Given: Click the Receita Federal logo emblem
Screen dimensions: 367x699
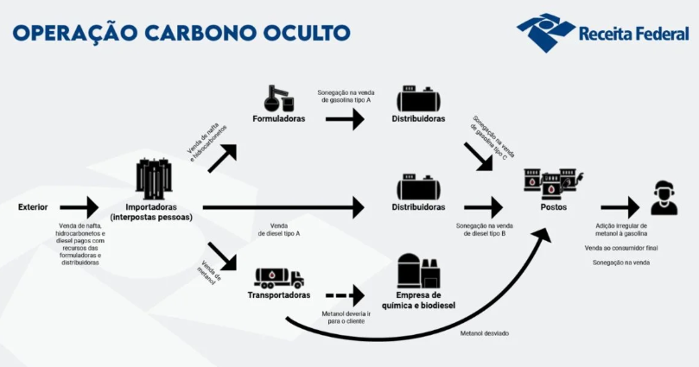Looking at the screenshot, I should click(546, 32).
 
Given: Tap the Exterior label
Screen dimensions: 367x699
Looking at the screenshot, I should click(33, 207).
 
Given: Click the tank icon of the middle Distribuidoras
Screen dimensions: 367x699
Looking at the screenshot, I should click(418, 187).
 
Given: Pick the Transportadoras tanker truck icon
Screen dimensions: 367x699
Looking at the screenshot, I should click(278, 277).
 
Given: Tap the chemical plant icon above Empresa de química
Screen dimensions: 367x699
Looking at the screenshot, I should click(418, 270).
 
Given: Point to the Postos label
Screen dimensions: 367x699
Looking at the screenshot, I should click(554, 207).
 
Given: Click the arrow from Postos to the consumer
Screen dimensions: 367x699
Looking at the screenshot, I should click(619, 207).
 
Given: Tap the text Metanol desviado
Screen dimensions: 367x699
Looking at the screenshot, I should click(485, 332).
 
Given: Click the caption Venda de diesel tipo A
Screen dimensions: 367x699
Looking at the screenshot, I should click(279, 230).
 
